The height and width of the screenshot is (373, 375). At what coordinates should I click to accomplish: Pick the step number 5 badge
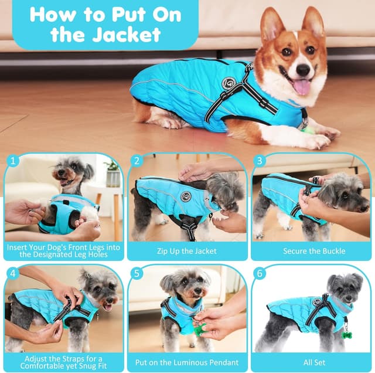pos(137,273)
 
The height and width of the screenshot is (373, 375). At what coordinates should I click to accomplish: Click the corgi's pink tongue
pos(301,87)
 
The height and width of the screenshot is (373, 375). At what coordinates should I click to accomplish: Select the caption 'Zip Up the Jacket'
pos(187,251)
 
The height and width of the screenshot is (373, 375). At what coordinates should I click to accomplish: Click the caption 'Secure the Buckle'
pos(314,251)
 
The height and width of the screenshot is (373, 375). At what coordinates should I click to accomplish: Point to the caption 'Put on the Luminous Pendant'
pos(187,362)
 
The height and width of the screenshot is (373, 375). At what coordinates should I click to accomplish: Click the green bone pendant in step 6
pos(347,335)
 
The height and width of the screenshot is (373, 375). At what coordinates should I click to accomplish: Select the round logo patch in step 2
pos(186,196)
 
